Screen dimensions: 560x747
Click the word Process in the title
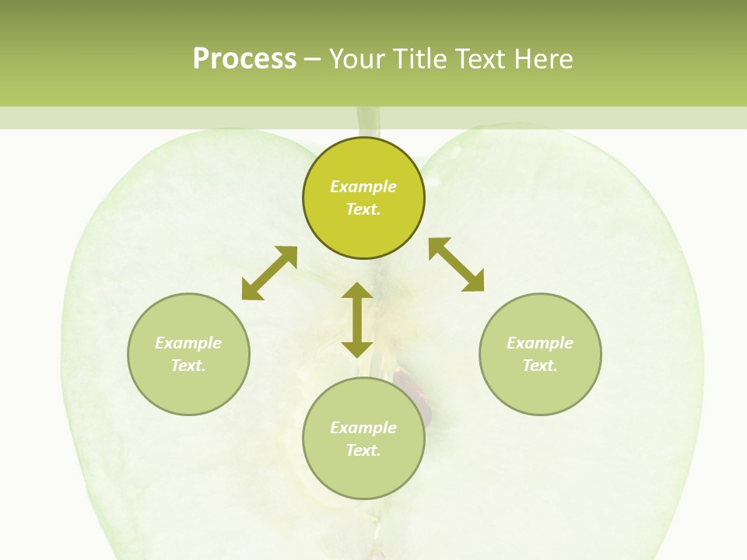coord(244,59)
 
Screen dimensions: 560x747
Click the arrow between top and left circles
coord(269,273)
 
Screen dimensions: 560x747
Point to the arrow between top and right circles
coord(456,264)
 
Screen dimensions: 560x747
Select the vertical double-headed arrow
coord(357,320)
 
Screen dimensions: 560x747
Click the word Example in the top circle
coord(363,187)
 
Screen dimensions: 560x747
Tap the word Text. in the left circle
coord(188,366)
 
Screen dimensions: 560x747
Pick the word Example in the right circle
coord(540,343)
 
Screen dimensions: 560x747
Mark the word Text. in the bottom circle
coord(363,450)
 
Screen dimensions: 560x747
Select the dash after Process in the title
coord(313,60)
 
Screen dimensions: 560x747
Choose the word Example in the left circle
coord(188,343)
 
